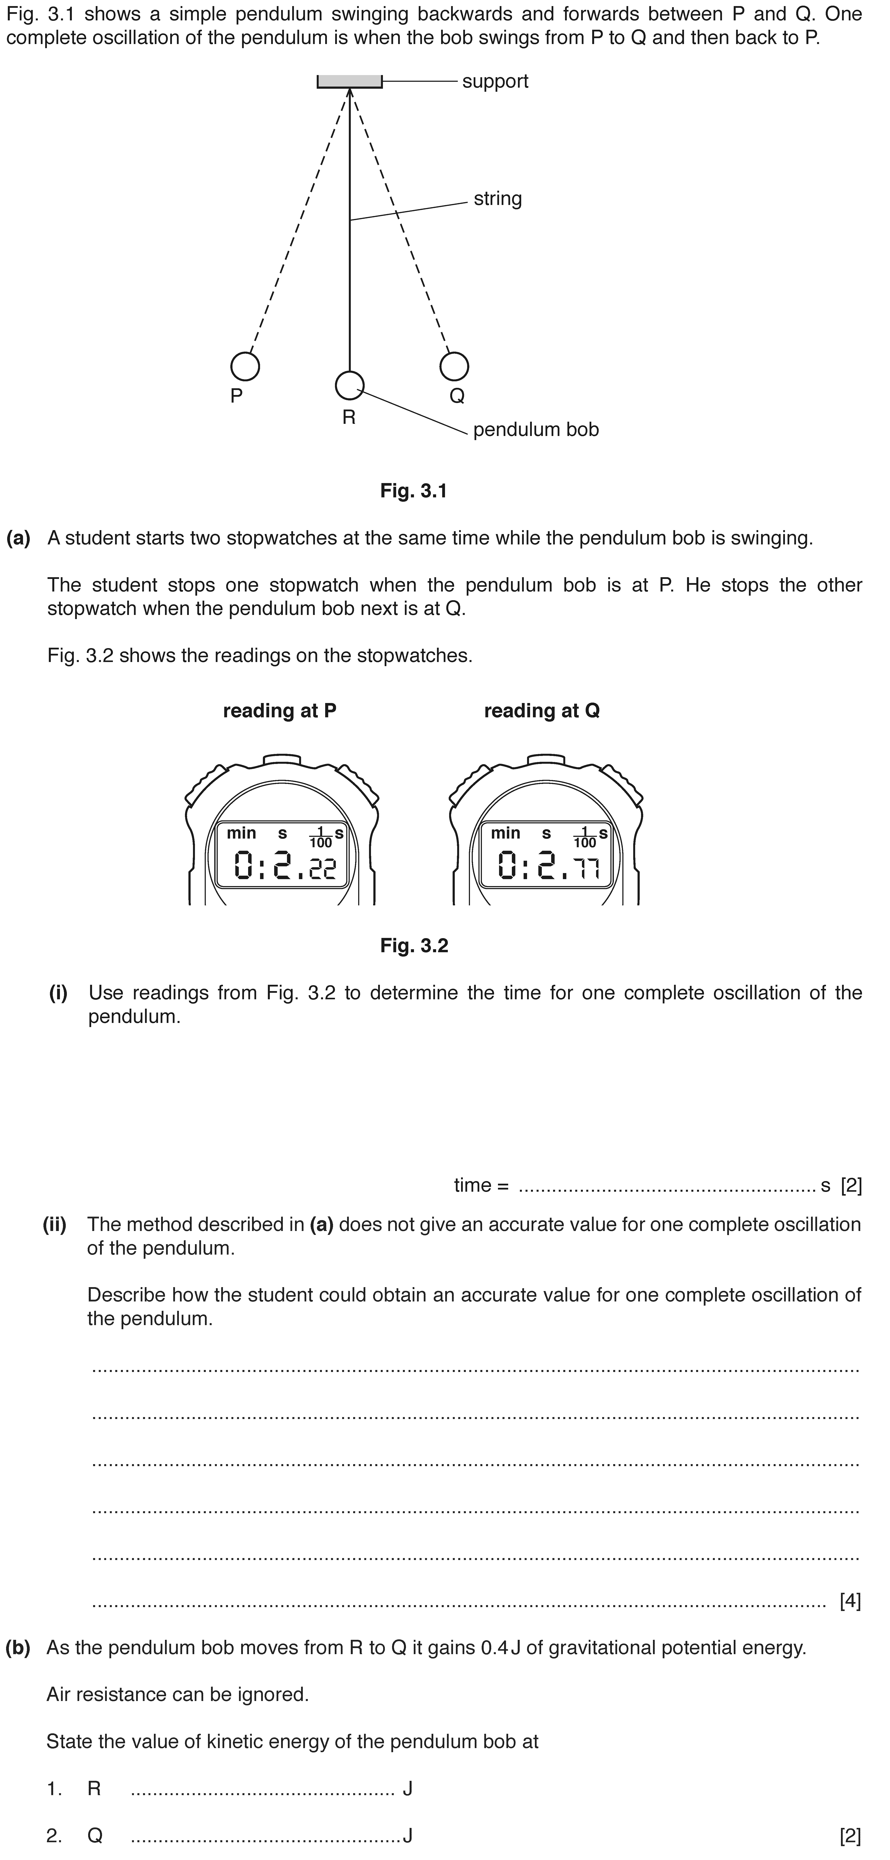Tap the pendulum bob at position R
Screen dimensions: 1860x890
[350, 386]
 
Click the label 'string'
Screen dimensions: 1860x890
[498, 198]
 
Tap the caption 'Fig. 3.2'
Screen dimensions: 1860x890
[414, 946]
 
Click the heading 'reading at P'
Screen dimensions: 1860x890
[280, 711]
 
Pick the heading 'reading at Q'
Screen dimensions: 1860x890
[542, 711]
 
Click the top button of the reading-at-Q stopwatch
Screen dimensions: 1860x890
[546, 760]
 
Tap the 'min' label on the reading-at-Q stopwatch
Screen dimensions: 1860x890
[506, 833]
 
